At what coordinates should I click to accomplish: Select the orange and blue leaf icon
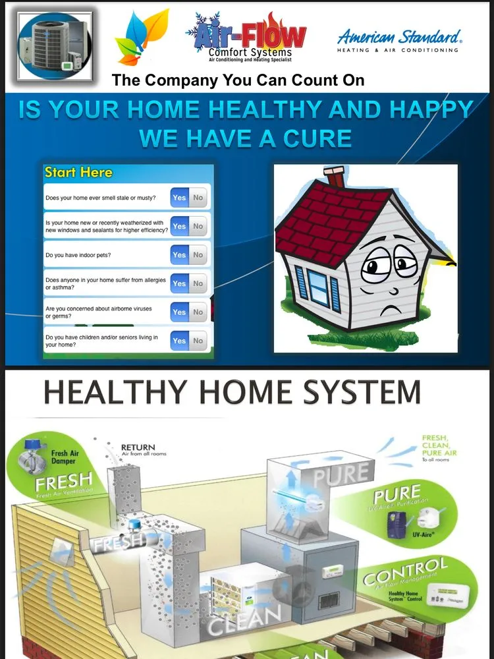tap(141, 38)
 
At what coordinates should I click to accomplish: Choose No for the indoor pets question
tap(198, 255)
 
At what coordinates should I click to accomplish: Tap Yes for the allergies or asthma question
tap(179, 283)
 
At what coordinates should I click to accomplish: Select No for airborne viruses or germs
tap(198, 312)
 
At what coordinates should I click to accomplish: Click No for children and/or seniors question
tap(198, 341)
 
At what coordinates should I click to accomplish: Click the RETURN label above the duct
tap(138, 447)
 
